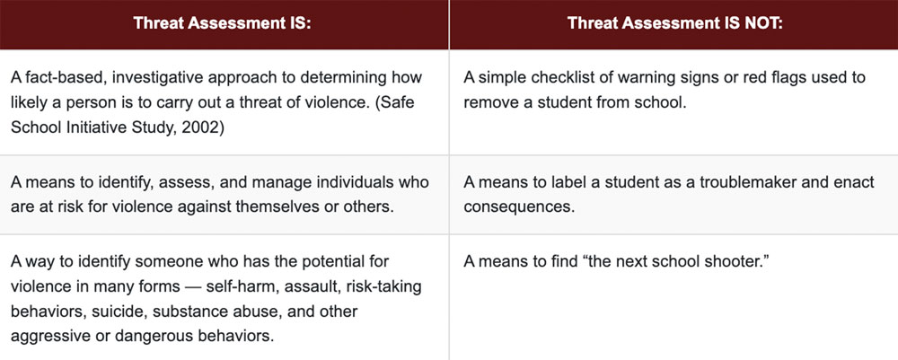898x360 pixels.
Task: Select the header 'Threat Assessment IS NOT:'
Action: click(673, 24)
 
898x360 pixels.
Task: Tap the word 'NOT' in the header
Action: click(762, 24)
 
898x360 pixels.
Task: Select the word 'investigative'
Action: click(161, 77)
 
